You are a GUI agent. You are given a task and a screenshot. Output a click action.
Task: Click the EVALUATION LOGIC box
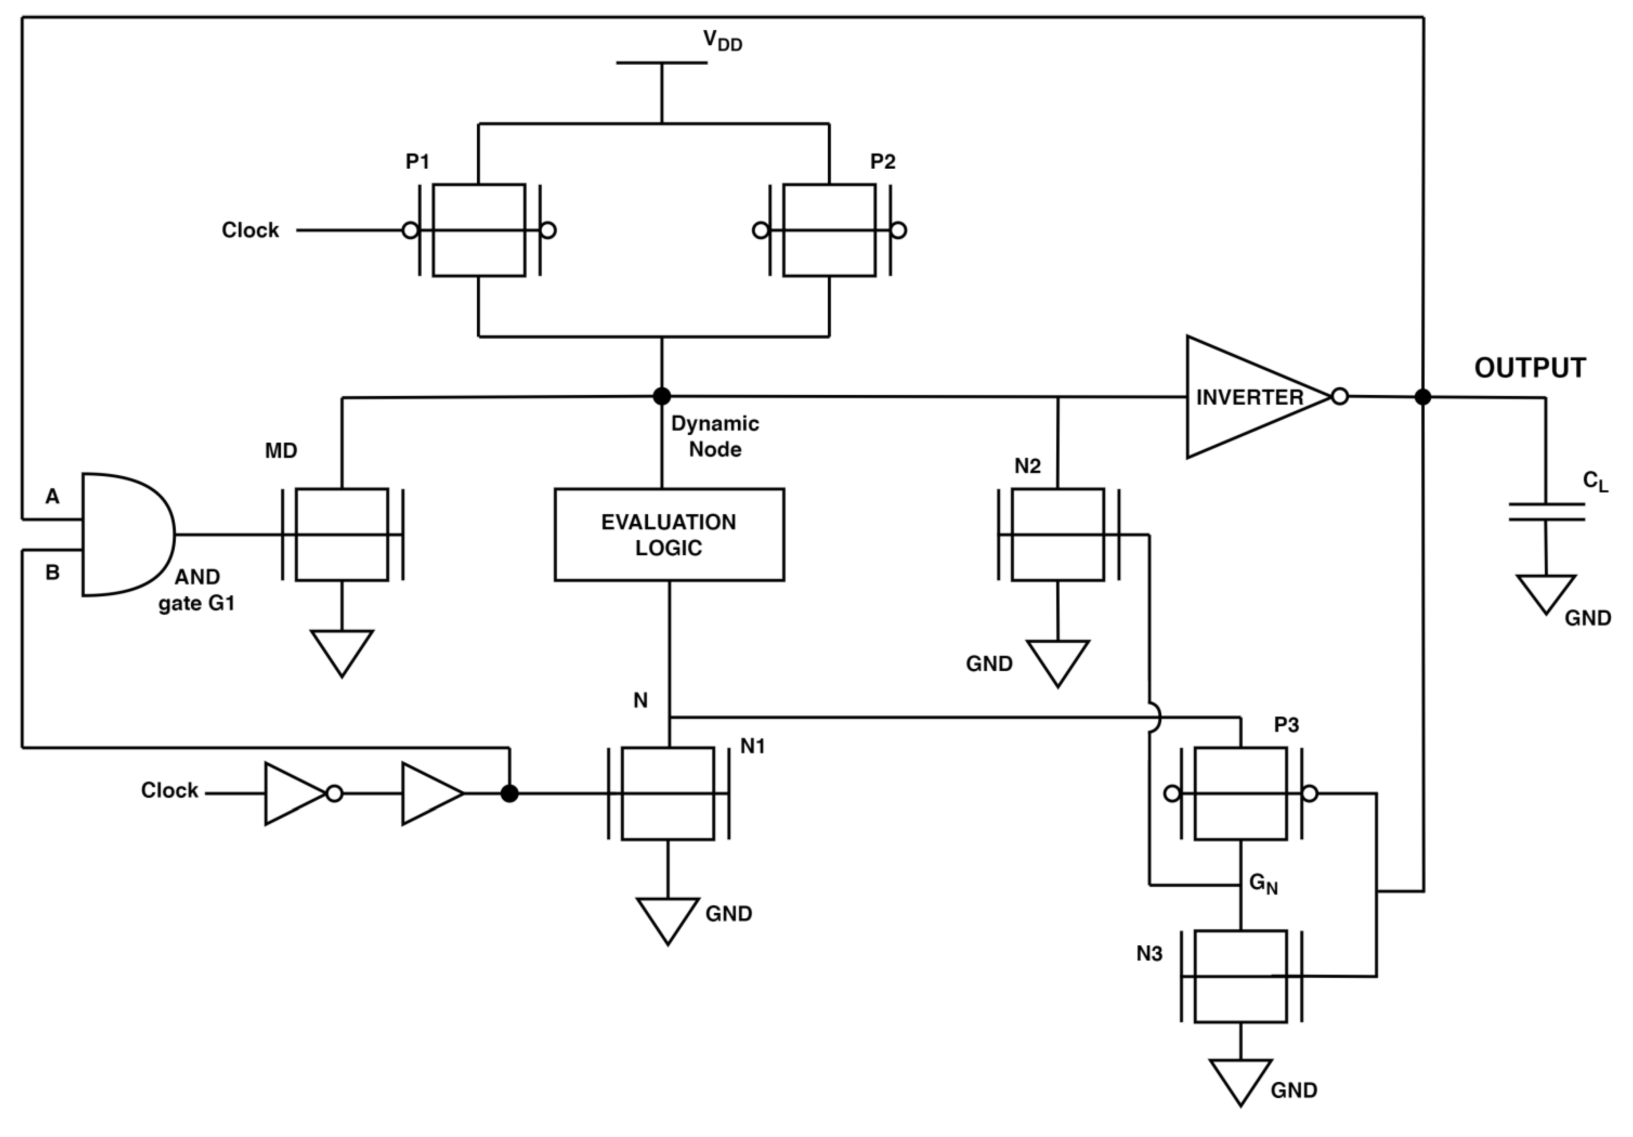point(669,535)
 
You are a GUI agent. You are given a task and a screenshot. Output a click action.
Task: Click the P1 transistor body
point(479,231)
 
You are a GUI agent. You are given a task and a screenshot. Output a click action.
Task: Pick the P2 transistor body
point(829,231)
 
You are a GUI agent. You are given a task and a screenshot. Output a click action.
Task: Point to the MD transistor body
point(342,535)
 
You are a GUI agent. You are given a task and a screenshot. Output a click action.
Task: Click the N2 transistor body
point(1058,535)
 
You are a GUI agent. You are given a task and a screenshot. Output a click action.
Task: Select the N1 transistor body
point(668,794)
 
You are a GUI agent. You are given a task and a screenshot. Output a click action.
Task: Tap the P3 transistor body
point(1240,794)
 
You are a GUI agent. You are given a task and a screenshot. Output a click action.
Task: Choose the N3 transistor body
point(1240,976)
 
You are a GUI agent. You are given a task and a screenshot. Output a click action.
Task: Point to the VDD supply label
point(722,41)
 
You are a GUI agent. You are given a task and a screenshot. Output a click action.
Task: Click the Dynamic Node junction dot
point(661,396)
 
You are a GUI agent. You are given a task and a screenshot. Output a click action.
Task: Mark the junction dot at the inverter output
point(1423,397)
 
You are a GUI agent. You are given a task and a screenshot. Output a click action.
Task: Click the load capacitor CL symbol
point(1546,512)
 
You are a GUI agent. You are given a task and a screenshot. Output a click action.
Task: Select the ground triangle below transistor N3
point(1240,1079)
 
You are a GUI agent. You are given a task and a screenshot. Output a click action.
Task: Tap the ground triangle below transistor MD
point(342,650)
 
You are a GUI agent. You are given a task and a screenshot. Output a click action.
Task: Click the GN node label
point(1263,884)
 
